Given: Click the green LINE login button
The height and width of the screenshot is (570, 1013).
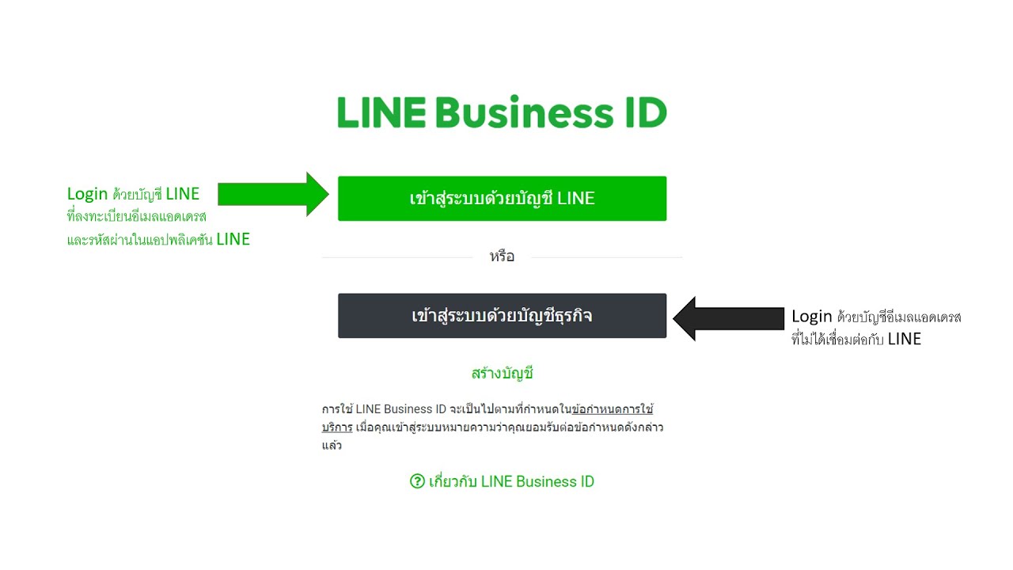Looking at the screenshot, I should [502, 199].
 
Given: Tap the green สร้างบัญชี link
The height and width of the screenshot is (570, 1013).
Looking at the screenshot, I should [502, 374].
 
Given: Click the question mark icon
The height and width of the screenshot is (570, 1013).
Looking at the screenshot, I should [417, 481].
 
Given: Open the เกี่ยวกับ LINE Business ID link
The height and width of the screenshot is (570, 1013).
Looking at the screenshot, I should [510, 481].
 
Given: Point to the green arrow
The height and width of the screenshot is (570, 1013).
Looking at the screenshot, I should [273, 193].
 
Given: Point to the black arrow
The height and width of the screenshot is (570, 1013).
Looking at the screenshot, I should [728, 318].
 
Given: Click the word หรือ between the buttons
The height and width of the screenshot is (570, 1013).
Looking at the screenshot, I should [502, 256].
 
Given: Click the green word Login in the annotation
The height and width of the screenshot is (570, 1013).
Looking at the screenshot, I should [87, 194].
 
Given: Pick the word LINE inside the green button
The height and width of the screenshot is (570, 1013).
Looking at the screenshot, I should [575, 199].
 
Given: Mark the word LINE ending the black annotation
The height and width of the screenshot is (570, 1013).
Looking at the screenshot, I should [904, 340].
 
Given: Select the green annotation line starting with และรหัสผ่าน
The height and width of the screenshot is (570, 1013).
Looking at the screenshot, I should [158, 239].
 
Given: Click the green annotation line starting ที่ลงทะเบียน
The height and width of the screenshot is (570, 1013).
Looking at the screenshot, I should [136, 216].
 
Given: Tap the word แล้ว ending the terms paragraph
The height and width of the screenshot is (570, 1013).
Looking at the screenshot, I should [332, 446].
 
